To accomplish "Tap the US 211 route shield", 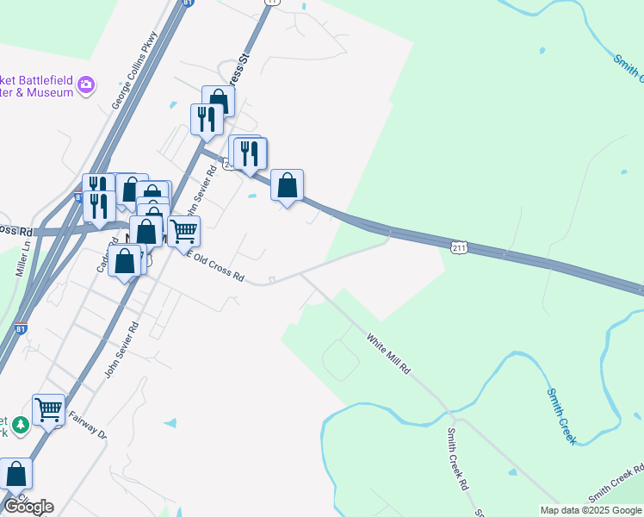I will pos(460,247).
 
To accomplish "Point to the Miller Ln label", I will pos(22,257).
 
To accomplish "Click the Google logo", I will pos(28,507).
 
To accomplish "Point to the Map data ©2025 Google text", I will pos(591,510).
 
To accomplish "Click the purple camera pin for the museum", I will pos(86,85).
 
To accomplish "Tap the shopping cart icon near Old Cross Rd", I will pos(183,230).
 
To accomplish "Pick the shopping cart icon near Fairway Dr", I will pos(48,409).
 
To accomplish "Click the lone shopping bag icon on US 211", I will pos(287,184).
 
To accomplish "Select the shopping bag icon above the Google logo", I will pos(15,473).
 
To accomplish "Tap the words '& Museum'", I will pos(40,91).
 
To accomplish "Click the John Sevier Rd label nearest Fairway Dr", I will pos(121,350).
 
